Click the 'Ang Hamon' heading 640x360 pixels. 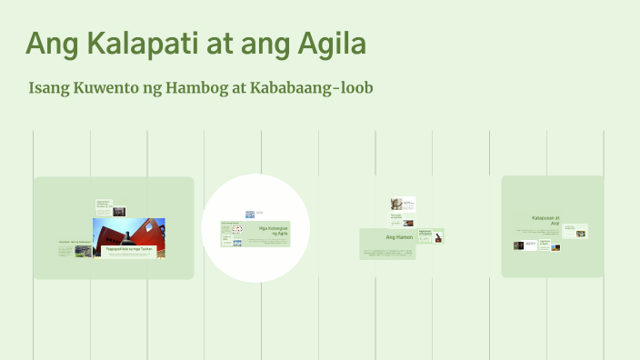coord(399,237)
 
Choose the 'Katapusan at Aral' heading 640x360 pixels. coord(546,220)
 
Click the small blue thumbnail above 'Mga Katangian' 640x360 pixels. coord(249,215)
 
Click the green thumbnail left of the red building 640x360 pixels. coord(83,250)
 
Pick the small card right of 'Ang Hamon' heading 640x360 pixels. coord(432,235)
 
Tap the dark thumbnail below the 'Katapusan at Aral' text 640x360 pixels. coord(519,245)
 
